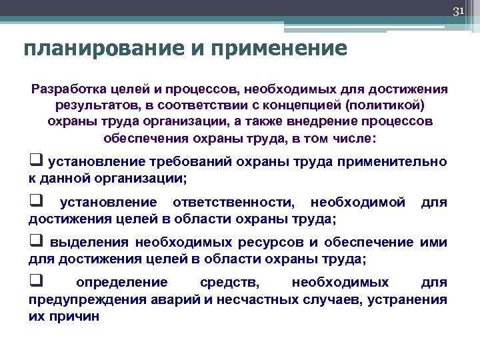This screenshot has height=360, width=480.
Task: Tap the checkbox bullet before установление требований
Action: point(35,162)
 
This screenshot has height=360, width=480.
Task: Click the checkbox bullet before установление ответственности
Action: point(35,202)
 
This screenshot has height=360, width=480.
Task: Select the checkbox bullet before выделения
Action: point(35,241)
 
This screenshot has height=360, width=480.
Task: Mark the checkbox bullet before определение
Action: point(35,281)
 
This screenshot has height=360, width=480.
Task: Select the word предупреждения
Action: point(83,299)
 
